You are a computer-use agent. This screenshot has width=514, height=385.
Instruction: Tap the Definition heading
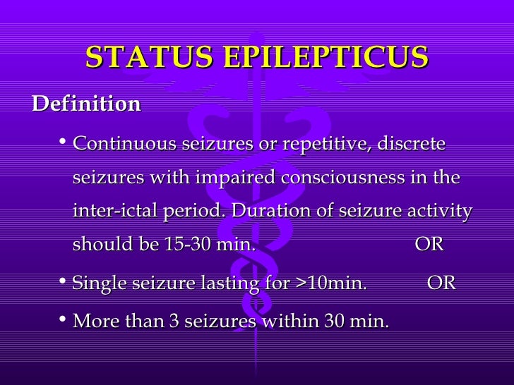tap(86, 104)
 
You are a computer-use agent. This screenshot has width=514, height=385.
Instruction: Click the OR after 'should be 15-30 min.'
tap(429, 245)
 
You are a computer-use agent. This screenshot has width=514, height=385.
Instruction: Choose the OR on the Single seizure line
tap(442, 284)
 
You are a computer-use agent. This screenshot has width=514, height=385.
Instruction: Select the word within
tap(290, 322)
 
